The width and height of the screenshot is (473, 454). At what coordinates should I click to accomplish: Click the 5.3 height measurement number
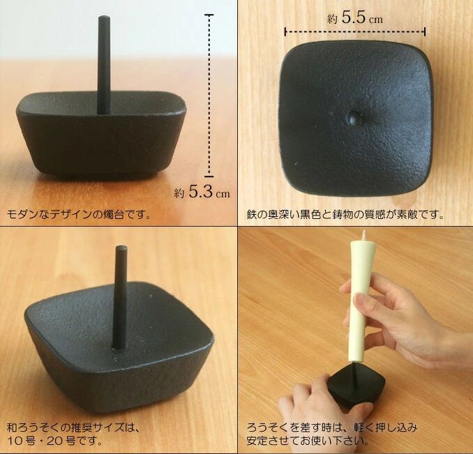[x=201, y=191]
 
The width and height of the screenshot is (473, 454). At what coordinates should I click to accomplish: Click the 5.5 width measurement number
[x=354, y=17]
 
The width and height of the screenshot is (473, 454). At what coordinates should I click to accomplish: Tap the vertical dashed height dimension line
[x=209, y=96]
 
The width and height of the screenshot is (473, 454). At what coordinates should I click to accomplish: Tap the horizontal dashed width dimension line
[x=355, y=31]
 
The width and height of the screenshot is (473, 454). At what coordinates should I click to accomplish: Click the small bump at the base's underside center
[x=354, y=118]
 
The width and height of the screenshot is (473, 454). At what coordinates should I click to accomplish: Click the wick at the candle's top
[x=363, y=234]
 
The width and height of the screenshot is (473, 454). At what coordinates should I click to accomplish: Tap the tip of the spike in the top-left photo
[x=103, y=17]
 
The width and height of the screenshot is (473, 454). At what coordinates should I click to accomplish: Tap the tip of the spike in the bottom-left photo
[x=121, y=247]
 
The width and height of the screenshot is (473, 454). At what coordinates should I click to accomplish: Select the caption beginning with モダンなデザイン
[x=78, y=214]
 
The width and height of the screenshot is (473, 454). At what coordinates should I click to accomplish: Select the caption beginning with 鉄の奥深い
[x=345, y=214]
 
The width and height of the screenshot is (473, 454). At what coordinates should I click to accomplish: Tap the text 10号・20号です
[x=55, y=441]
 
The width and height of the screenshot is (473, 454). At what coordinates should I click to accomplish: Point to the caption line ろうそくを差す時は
[x=333, y=427]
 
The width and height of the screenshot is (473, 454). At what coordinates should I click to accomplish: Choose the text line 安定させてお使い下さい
[x=308, y=441]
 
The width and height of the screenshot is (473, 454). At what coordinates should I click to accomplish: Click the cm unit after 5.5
[x=376, y=20]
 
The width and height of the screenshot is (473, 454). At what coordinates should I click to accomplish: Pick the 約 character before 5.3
[x=179, y=193]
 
